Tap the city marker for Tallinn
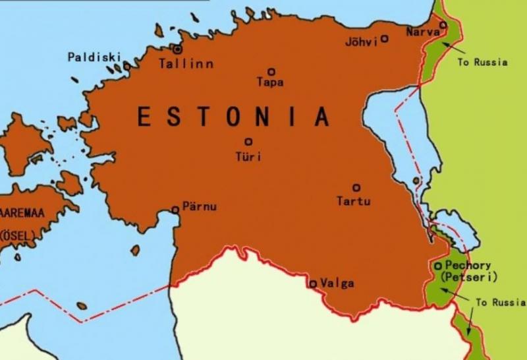(177, 49)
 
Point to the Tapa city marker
(271, 72)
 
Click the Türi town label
(248, 157)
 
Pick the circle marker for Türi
(248, 141)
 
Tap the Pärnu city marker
(175, 210)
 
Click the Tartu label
(354, 201)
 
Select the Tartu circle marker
(356, 187)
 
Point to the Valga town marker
(313, 284)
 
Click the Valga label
(336, 284)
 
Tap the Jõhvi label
(362, 42)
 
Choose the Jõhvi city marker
(385, 38)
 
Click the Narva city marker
(443, 25)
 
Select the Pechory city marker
(438, 266)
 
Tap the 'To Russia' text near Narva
(482, 63)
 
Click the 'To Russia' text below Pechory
(501, 303)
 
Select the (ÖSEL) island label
(19, 235)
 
